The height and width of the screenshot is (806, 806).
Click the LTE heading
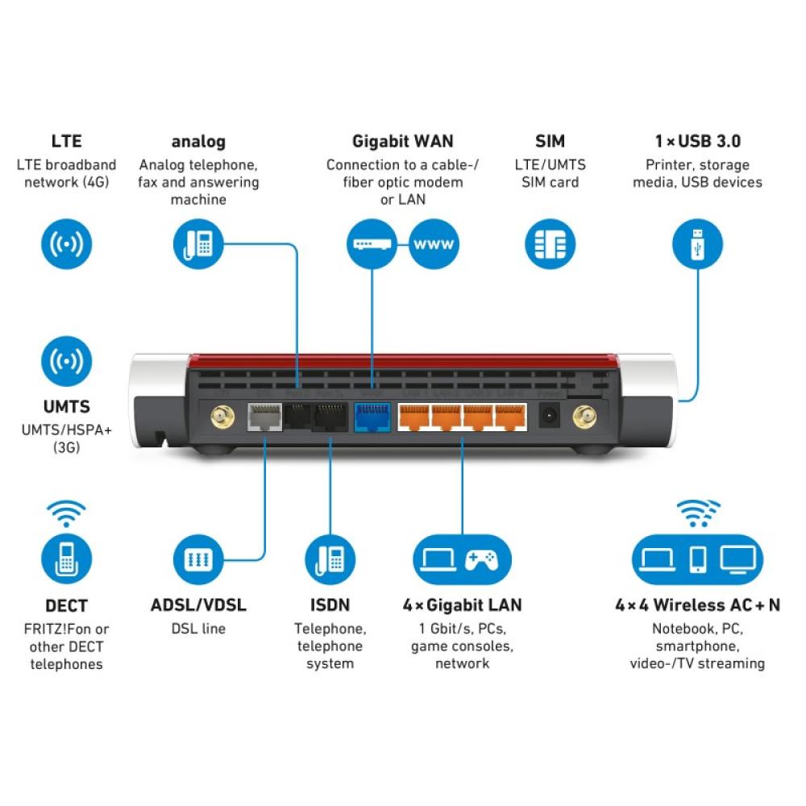click(66, 141)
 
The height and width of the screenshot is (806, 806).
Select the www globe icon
click(434, 243)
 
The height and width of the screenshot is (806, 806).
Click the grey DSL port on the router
click(261, 418)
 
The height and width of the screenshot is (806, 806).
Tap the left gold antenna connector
click(220, 418)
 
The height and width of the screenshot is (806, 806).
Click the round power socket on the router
click(550, 417)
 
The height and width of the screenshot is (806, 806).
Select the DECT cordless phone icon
click(66, 558)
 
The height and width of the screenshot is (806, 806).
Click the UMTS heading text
click(66, 407)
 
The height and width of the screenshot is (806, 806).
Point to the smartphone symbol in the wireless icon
click(697, 558)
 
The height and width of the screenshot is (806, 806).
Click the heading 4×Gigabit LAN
click(462, 605)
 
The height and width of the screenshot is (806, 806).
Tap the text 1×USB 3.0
click(697, 141)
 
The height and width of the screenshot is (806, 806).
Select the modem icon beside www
click(372, 243)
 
